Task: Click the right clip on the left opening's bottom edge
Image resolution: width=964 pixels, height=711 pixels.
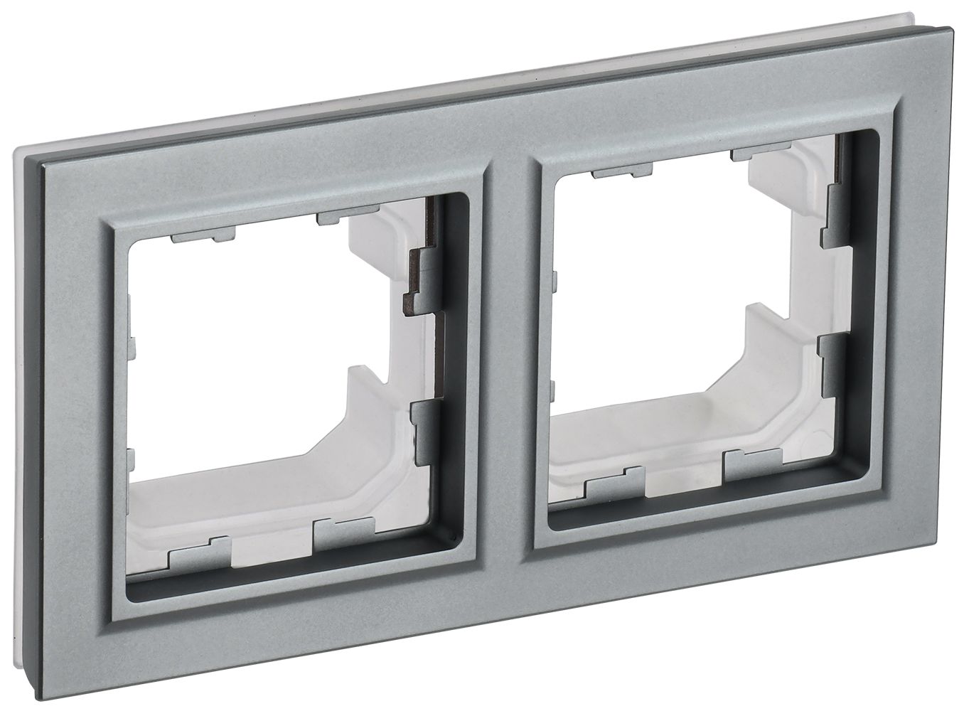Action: [x=344, y=530]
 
